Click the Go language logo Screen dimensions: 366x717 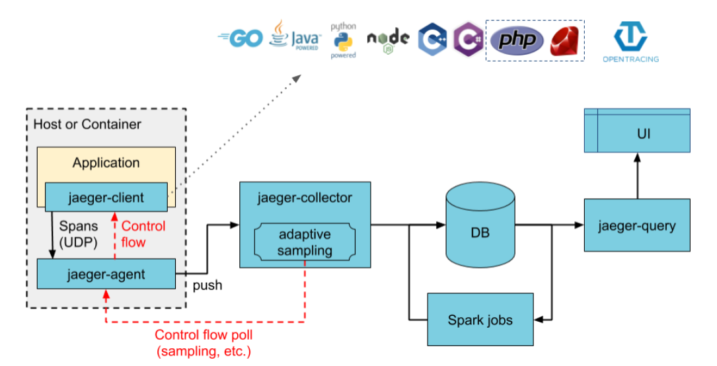click(x=241, y=38)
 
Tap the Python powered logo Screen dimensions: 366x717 click(x=343, y=41)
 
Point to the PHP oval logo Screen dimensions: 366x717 click(x=517, y=40)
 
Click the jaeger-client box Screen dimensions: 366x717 click(x=106, y=198)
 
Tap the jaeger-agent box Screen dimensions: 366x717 click(x=106, y=273)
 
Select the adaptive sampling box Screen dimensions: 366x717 click(x=304, y=242)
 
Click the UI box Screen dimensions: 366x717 click(x=637, y=133)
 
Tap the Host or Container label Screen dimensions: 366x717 click(x=87, y=124)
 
